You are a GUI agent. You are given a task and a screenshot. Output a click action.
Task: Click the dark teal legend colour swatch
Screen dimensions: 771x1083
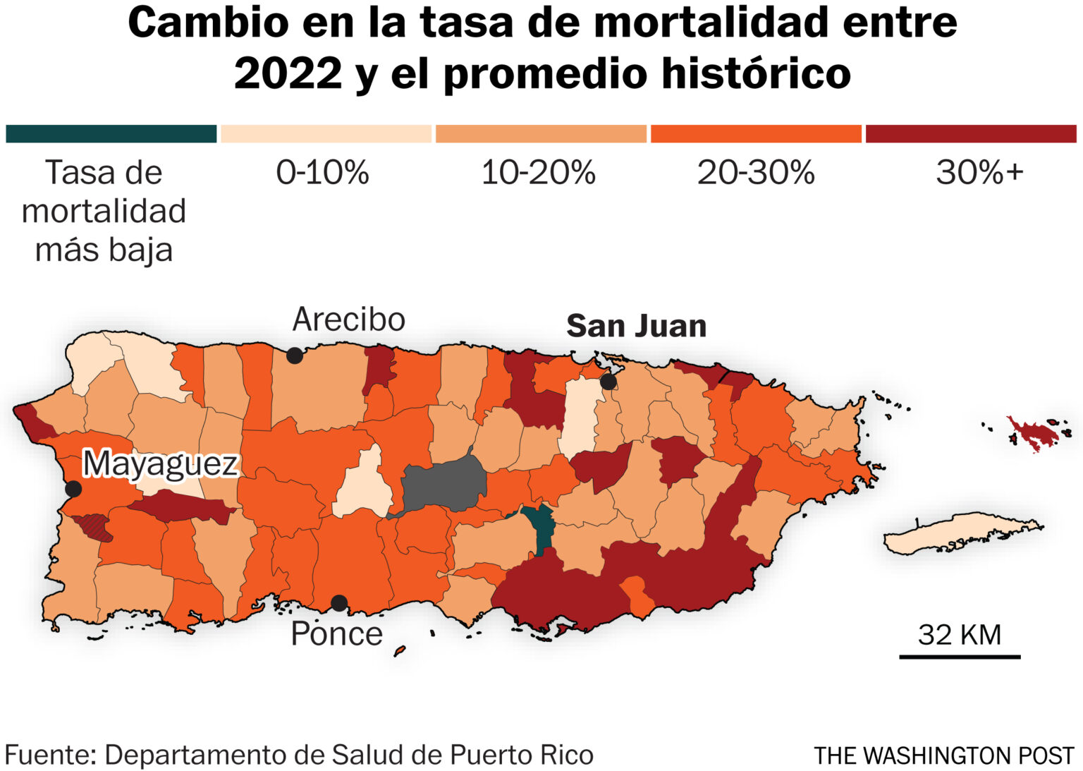pyautogui.click(x=111, y=134)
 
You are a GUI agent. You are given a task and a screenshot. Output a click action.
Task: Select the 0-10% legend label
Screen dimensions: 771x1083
pyautogui.click(x=322, y=172)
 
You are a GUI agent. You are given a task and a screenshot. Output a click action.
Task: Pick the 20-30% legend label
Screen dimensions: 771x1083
pyautogui.click(x=756, y=172)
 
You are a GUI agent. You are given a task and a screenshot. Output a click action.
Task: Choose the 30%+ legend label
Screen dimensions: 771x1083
pyautogui.click(x=979, y=172)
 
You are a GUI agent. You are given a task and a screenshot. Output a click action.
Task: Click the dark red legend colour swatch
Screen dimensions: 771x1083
pyautogui.click(x=971, y=134)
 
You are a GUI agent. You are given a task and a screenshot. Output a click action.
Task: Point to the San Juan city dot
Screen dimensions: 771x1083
pyautogui.click(x=608, y=382)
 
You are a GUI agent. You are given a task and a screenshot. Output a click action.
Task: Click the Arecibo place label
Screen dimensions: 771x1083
pyautogui.click(x=348, y=320)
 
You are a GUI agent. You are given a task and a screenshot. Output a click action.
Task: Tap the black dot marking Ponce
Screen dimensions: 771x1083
pyautogui.click(x=339, y=603)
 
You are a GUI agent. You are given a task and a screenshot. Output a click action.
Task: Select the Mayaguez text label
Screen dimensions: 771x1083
pyautogui.click(x=160, y=464)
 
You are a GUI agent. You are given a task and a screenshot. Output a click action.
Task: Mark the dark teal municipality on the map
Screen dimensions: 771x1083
pyautogui.click(x=541, y=530)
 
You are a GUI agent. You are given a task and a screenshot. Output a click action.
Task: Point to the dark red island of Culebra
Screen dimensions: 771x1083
pyautogui.click(x=1033, y=434)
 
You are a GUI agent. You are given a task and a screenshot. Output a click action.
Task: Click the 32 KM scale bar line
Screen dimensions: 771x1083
pyautogui.click(x=960, y=657)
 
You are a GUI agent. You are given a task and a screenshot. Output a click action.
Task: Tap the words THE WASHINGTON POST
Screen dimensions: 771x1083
pyautogui.click(x=944, y=755)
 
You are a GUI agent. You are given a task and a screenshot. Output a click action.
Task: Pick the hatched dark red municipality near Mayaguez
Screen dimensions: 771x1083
pyautogui.click(x=92, y=526)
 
